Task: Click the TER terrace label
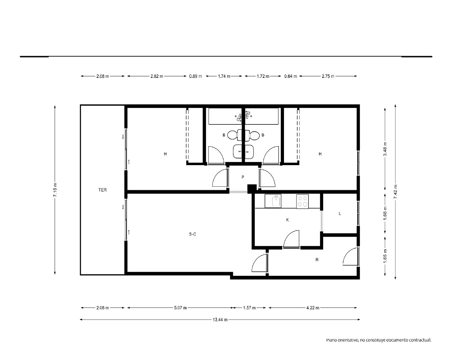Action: tap(103, 190)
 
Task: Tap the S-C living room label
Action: tap(193, 234)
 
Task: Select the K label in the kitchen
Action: tap(287, 220)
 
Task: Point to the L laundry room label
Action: tap(340, 214)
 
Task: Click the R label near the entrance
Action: tap(317, 260)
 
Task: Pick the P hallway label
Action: tap(243, 177)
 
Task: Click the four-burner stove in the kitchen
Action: tap(302, 201)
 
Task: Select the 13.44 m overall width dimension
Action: tap(220, 319)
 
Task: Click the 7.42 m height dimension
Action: tap(396, 192)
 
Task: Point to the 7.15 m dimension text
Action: tap(55, 190)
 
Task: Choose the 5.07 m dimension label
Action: tap(180, 308)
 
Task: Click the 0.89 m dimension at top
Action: tap(195, 76)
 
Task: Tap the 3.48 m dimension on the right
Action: tap(385, 149)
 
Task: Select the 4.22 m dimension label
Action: tap(313, 308)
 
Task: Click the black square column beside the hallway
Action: tap(252, 189)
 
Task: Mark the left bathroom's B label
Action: tap(224, 135)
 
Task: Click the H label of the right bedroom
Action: tap(320, 154)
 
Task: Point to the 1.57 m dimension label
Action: tap(249, 308)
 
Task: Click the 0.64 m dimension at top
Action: tap(290, 76)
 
